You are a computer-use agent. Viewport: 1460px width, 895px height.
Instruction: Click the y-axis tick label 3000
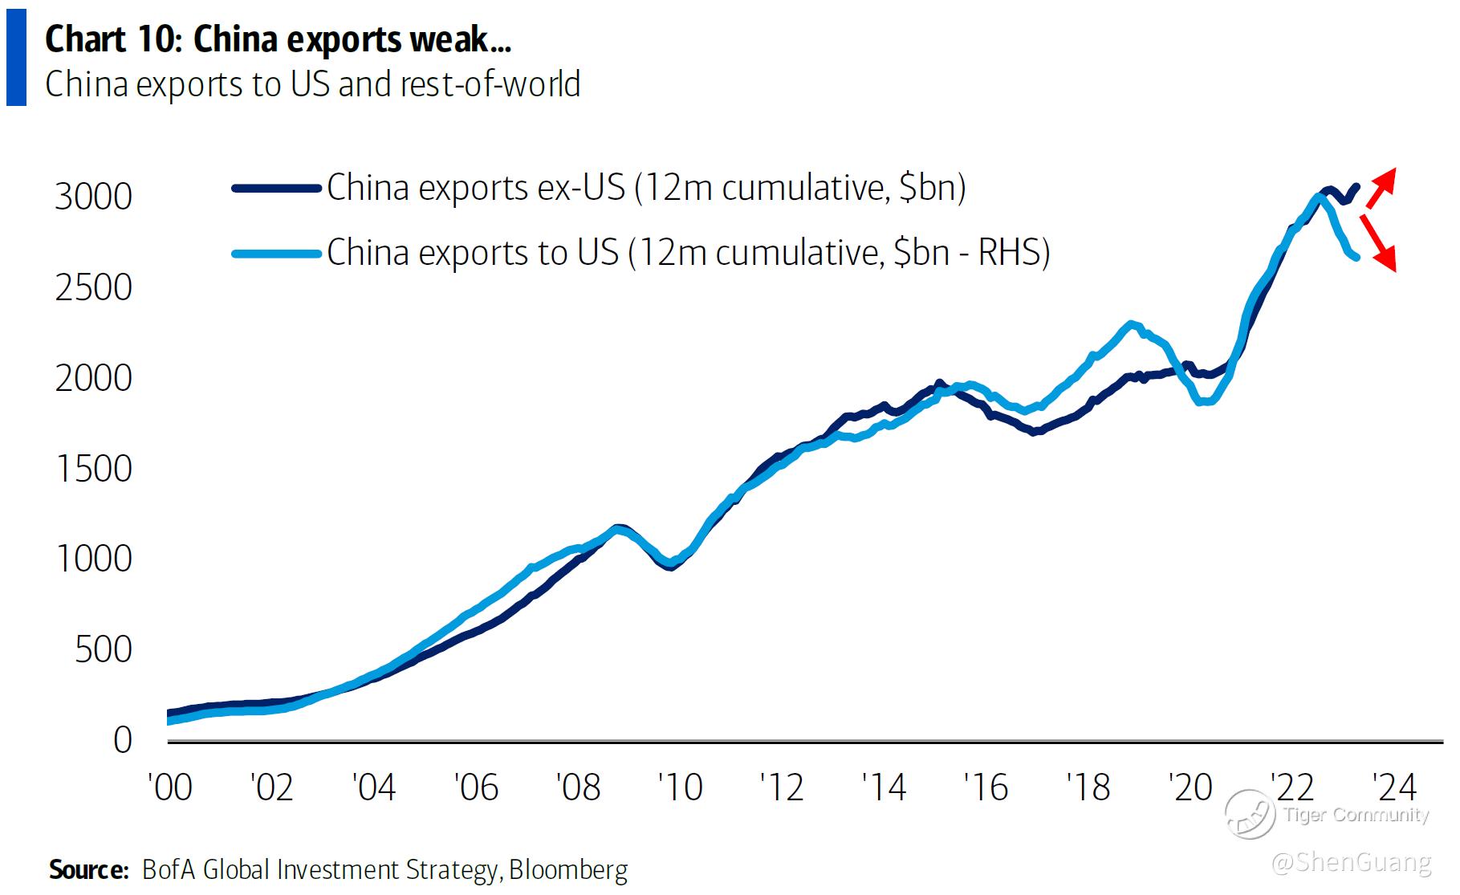click(93, 197)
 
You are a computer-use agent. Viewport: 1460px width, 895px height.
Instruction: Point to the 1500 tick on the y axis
click(93, 469)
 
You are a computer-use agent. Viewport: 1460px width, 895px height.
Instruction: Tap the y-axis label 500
click(104, 649)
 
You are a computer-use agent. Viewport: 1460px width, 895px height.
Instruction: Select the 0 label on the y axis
click(122, 740)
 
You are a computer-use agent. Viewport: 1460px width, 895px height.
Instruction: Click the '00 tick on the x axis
click(170, 787)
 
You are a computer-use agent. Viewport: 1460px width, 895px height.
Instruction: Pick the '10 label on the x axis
click(681, 787)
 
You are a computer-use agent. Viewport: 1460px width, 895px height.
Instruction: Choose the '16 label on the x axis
click(986, 787)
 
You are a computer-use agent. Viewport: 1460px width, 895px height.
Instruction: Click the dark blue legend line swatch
click(276, 189)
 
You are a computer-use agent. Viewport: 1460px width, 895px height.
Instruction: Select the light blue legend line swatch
click(276, 254)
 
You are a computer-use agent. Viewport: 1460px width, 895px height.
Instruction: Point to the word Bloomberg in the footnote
click(568, 870)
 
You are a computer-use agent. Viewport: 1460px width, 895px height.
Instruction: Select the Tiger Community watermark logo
click(1249, 814)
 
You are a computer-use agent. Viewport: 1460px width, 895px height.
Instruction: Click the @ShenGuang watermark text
click(1352, 862)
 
